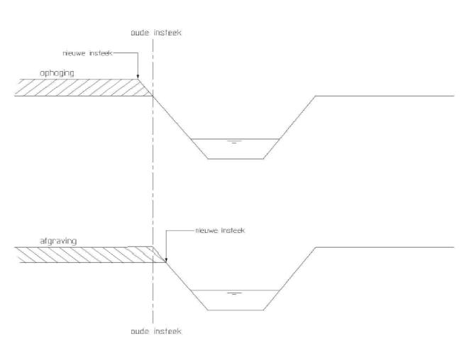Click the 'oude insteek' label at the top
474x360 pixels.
click(x=156, y=33)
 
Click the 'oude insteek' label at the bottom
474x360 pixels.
click(x=156, y=332)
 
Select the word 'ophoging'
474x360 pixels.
click(x=57, y=74)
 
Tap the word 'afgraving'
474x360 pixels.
click(x=58, y=241)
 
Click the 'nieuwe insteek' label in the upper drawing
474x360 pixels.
click(x=88, y=53)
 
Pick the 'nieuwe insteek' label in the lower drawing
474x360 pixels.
click(x=220, y=231)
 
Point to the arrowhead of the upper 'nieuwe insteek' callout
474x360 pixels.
click(x=138, y=77)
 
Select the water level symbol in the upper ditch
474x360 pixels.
click(x=234, y=141)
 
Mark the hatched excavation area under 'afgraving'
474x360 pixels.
click(x=88, y=255)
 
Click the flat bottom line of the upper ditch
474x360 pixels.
click(x=236, y=158)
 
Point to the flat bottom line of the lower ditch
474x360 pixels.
click(x=236, y=310)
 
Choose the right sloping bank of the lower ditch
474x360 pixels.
click(x=290, y=279)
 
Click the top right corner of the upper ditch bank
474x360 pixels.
click(x=316, y=96)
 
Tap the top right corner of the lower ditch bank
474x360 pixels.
click(x=316, y=248)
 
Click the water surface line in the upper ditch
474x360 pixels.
click(x=235, y=139)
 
